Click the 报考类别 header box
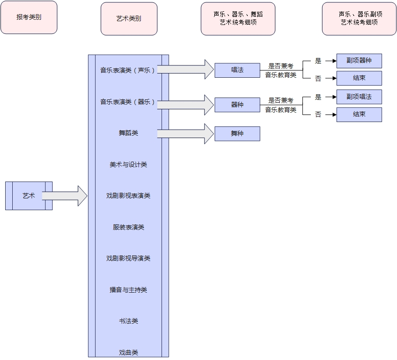tap(29, 17)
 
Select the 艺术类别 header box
tap(129, 19)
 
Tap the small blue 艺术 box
tap(29, 196)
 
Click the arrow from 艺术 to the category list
tap(65, 196)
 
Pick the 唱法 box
tap(237, 70)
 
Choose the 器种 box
tap(237, 105)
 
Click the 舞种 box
tap(237, 134)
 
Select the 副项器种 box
tap(359, 61)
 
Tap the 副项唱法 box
tap(359, 97)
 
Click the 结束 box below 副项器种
tap(359, 78)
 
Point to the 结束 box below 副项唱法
tap(359, 115)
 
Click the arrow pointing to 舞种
tap(185, 134)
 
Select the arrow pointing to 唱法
tap(185, 69)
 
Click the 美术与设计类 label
tap(128, 164)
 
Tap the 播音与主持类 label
tap(128, 290)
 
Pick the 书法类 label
tap(128, 321)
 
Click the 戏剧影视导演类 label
tap(128, 258)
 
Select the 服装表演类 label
tap(128, 227)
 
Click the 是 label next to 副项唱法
tap(318, 97)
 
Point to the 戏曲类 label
tap(128, 352)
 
